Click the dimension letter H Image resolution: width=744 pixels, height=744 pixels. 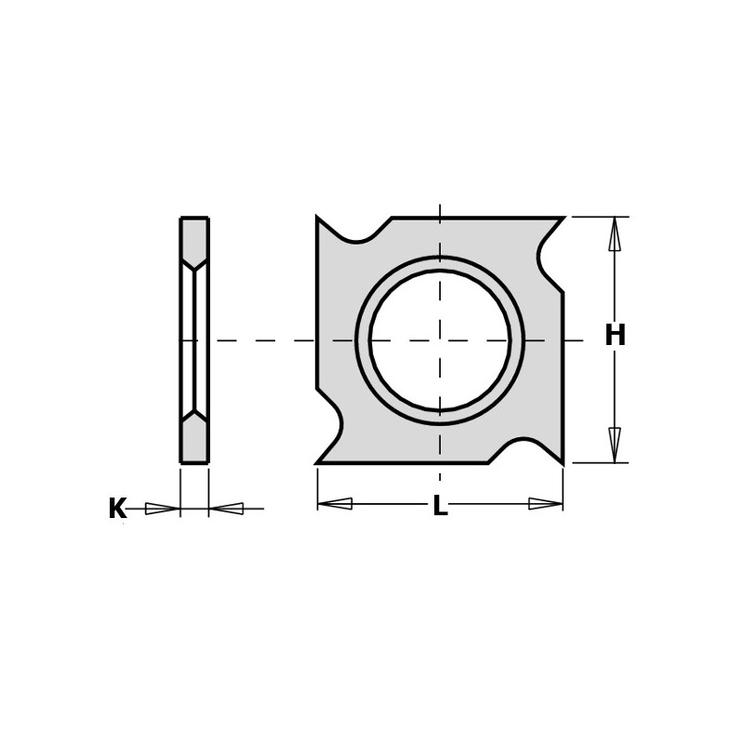[x=615, y=336]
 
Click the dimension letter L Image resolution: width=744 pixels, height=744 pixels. [x=440, y=507]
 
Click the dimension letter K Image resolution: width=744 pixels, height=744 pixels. [x=117, y=509]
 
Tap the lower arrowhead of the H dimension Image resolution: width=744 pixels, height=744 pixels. [x=615, y=445]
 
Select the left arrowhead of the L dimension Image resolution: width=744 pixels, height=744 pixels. [x=335, y=504]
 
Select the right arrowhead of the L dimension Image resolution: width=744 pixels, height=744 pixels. [x=546, y=504]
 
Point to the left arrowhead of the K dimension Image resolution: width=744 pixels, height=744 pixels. [x=163, y=509]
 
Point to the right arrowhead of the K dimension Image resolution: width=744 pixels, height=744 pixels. [x=226, y=509]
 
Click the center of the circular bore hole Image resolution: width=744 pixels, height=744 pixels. [x=440, y=339]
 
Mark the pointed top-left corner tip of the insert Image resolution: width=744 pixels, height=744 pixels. [x=318, y=219]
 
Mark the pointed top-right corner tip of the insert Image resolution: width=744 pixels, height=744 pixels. [x=563, y=219]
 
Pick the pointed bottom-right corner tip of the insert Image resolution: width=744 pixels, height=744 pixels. [x=562, y=461]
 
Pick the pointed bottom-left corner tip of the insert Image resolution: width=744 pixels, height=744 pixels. [x=318, y=462]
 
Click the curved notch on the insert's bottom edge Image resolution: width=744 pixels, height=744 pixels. [x=513, y=446]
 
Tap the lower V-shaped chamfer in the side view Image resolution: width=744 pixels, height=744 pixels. [x=194, y=416]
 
